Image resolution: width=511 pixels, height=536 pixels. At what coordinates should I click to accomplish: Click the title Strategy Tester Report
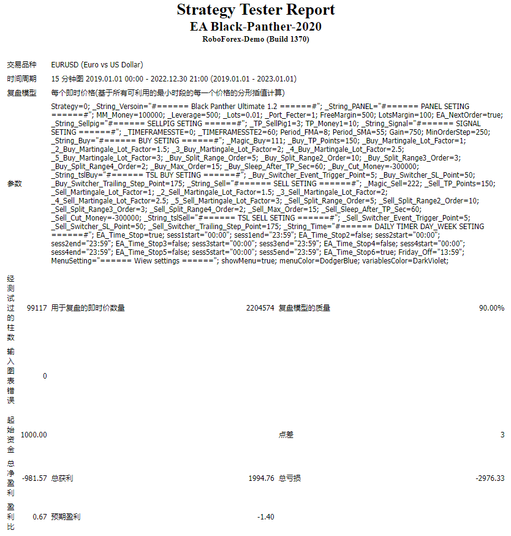pyautogui.click(x=255, y=10)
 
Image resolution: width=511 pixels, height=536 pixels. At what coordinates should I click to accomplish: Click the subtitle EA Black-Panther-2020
pyautogui.click(x=255, y=26)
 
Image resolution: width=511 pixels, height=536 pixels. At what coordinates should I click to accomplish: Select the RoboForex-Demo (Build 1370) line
pyautogui.click(x=255, y=39)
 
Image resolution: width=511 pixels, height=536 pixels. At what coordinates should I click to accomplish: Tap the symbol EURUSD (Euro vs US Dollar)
pyautogui.click(x=97, y=64)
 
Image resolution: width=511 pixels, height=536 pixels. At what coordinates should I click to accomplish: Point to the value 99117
pyautogui.click(x=37, y=308)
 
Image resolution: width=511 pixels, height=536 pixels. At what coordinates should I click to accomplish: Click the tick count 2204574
pyautogui.click(x=260, y=308)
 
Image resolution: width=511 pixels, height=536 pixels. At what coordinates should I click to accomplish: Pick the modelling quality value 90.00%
pyautogui.click(x=491, y=308)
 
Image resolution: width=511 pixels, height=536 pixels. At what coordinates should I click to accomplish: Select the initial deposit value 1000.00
pyautogui.click(x=34, y=435)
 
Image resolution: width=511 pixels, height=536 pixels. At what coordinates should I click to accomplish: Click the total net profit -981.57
pyautogui.click(x=34, y=478)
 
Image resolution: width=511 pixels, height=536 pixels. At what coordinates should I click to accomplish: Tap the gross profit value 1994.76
pyautogui.click(x=261, y=478)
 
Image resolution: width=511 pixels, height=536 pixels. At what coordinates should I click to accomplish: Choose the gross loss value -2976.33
pyautogui.click(x=490, y=478)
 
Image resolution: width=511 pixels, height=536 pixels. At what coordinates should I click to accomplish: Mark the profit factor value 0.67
pyautogui.click(x=40, y=517)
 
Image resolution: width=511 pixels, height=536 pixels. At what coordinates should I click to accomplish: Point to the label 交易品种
pyautogui.click(x=21, y=64)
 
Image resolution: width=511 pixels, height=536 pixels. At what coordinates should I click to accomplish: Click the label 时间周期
pyautogui.click(x=21, y=79)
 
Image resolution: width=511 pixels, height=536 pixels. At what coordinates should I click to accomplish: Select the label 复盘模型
pyautogui.click(x=21, y=93)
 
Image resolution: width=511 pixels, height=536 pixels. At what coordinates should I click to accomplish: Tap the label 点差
pyautogui.click(x=286, y=435)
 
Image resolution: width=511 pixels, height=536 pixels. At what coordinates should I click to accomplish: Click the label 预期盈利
pyautogui.click(x=66, y=517)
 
